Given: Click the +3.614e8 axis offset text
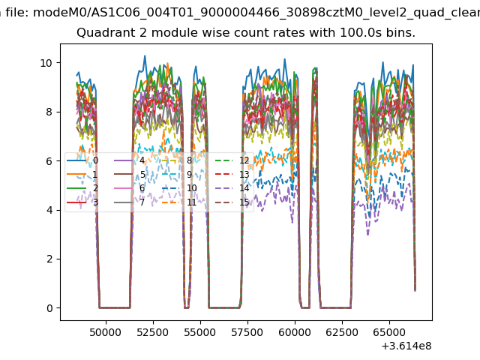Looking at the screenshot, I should point(406,346).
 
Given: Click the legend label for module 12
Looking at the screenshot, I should point(244,160).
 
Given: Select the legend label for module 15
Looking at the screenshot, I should point(244,202).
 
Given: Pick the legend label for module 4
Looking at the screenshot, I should point(142,160).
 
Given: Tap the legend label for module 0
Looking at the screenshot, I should point(94,160).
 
